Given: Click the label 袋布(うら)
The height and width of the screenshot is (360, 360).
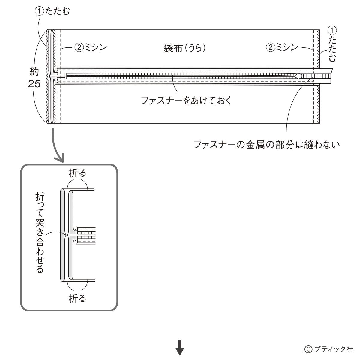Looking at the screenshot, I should pyautogui.click(x=184, y=48).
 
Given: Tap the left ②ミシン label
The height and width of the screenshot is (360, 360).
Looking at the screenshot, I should pyautogui.click(x=90, y=48).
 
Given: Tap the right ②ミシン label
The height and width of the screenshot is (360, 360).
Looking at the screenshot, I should pyautogui.click(x=282, y=47).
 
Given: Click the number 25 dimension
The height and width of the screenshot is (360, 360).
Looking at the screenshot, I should pyautogui.click(x=34, y=84).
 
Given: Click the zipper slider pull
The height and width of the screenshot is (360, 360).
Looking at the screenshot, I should pyautogui.click(x=299, y=76).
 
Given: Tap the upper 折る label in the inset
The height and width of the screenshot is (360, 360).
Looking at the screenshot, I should pyautogui.click(x=78, y=173).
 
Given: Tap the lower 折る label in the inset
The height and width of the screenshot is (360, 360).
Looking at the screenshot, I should pyautogui.click(x=78, y=298).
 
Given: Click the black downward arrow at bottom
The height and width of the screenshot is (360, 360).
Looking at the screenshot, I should pyautogui.click(x=180, y=348).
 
